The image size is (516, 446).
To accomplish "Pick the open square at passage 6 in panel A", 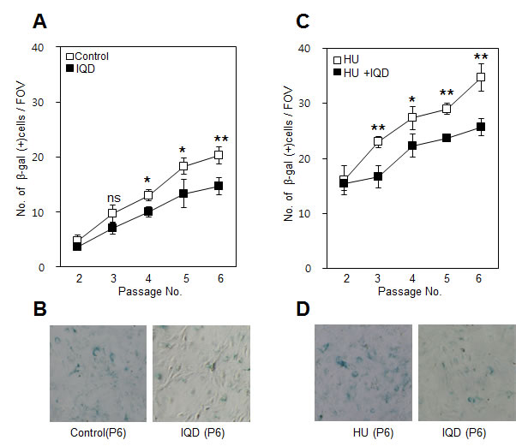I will tap(219, 155).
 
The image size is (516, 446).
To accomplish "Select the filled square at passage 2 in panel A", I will tap(77, 247).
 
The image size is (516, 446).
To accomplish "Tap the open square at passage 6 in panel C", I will tap(481, 77).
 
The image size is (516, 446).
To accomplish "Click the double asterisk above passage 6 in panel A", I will tap(220, 140).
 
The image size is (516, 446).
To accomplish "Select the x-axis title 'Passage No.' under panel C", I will tap(411, 291).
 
